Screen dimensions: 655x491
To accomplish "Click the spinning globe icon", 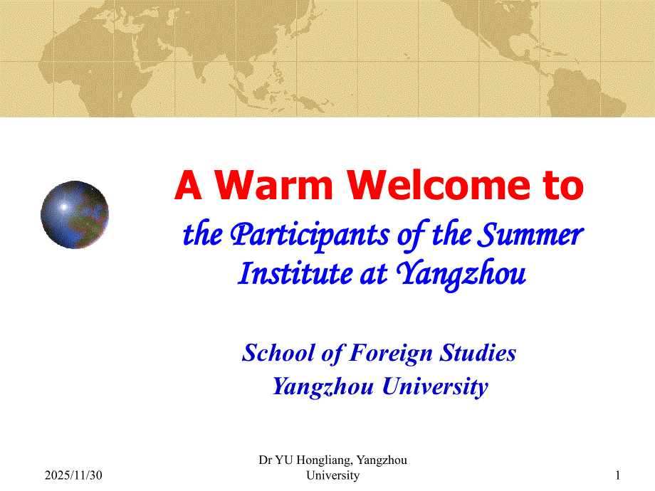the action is pyautogui.click(x=75, y=215).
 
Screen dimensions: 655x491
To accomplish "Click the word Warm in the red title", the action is pyautogui.click(x=273, y=185).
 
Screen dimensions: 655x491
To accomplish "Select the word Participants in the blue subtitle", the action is pyautogui.click(x=310, y=235).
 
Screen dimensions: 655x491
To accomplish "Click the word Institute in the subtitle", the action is pyautogui.click(x=295, y=273).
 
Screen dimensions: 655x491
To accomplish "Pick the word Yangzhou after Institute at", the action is pyautogui.click(x=461, y=274).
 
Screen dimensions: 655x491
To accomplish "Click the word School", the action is pyautogui.click(x=278, y=353).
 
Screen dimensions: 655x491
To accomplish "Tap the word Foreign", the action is pyautogui.click(x=391, y=354).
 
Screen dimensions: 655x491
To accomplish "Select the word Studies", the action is pyautogui.click(x=478, y=353).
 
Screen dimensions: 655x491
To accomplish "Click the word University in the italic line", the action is pyautogui.click(x=435, y=386).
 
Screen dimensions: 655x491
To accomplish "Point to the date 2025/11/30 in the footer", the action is pyautogui.click(x=73, y=475).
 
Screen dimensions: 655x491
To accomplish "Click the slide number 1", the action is pyautogui.click(x=617, y=475).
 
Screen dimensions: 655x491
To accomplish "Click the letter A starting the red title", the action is pyautogui.click(x=189, y=186).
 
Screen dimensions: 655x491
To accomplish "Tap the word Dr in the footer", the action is pyautogui.click(x=265, y=460).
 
